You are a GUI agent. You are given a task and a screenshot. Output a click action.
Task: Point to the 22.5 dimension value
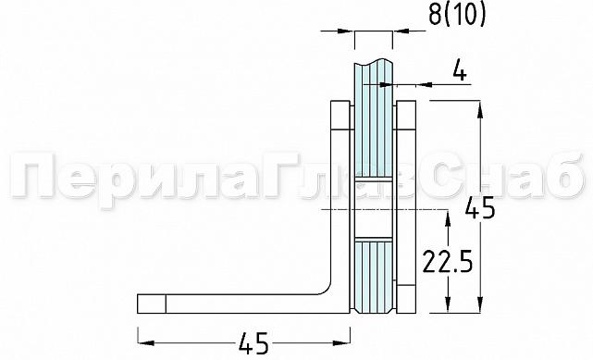(x=448, y=264)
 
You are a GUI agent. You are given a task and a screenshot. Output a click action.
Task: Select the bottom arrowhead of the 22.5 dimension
(x=448, y=310)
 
